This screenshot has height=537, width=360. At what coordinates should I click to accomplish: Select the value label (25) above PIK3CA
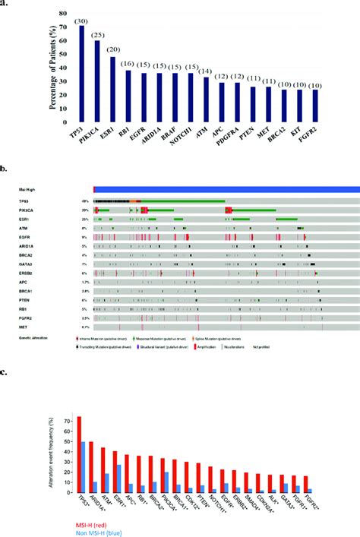[x=97, y=34]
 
